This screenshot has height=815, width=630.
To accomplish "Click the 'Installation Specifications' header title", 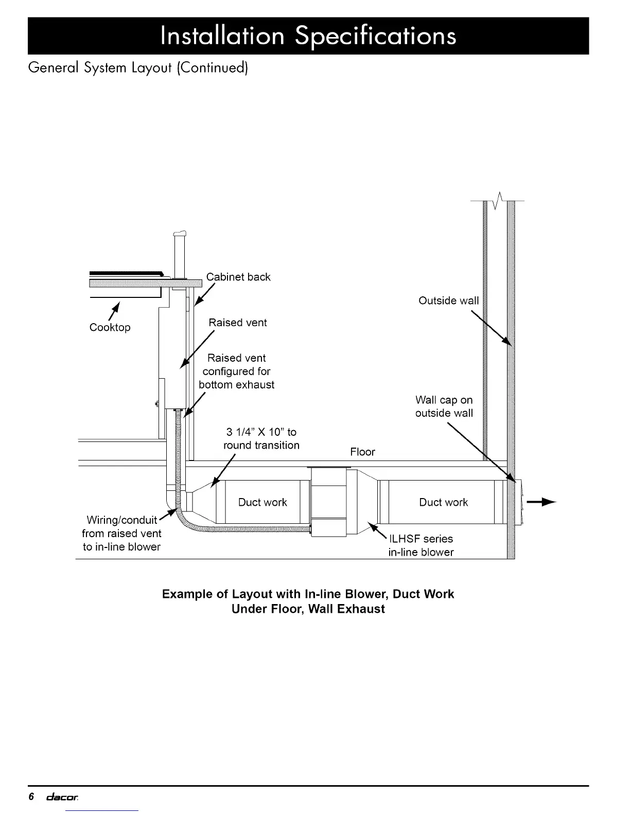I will point(308,36).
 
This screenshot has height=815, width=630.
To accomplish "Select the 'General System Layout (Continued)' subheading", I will point(138,68).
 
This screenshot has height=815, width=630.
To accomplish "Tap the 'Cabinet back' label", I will point(238,277).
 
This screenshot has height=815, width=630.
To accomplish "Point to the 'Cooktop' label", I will point(110,327).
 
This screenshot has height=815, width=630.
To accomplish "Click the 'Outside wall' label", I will point(448,300).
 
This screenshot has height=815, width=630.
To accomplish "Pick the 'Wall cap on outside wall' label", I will point(444,406).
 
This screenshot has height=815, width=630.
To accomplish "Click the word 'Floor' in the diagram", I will point(362,452).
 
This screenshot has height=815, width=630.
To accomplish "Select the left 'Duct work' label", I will point(262,502).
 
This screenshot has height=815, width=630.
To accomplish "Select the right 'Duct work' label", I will point(443,502).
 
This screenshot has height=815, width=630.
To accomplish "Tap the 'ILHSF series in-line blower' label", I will point(421,545).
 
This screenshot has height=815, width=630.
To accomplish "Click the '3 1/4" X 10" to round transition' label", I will point(261,438).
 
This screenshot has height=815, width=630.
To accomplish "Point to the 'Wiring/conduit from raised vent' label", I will point(121,533).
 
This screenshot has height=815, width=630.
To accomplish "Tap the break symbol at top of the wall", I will point(498,200).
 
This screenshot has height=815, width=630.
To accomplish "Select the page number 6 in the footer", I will point(31,797).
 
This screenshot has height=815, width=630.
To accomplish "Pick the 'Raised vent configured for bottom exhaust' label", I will point(236,371).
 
